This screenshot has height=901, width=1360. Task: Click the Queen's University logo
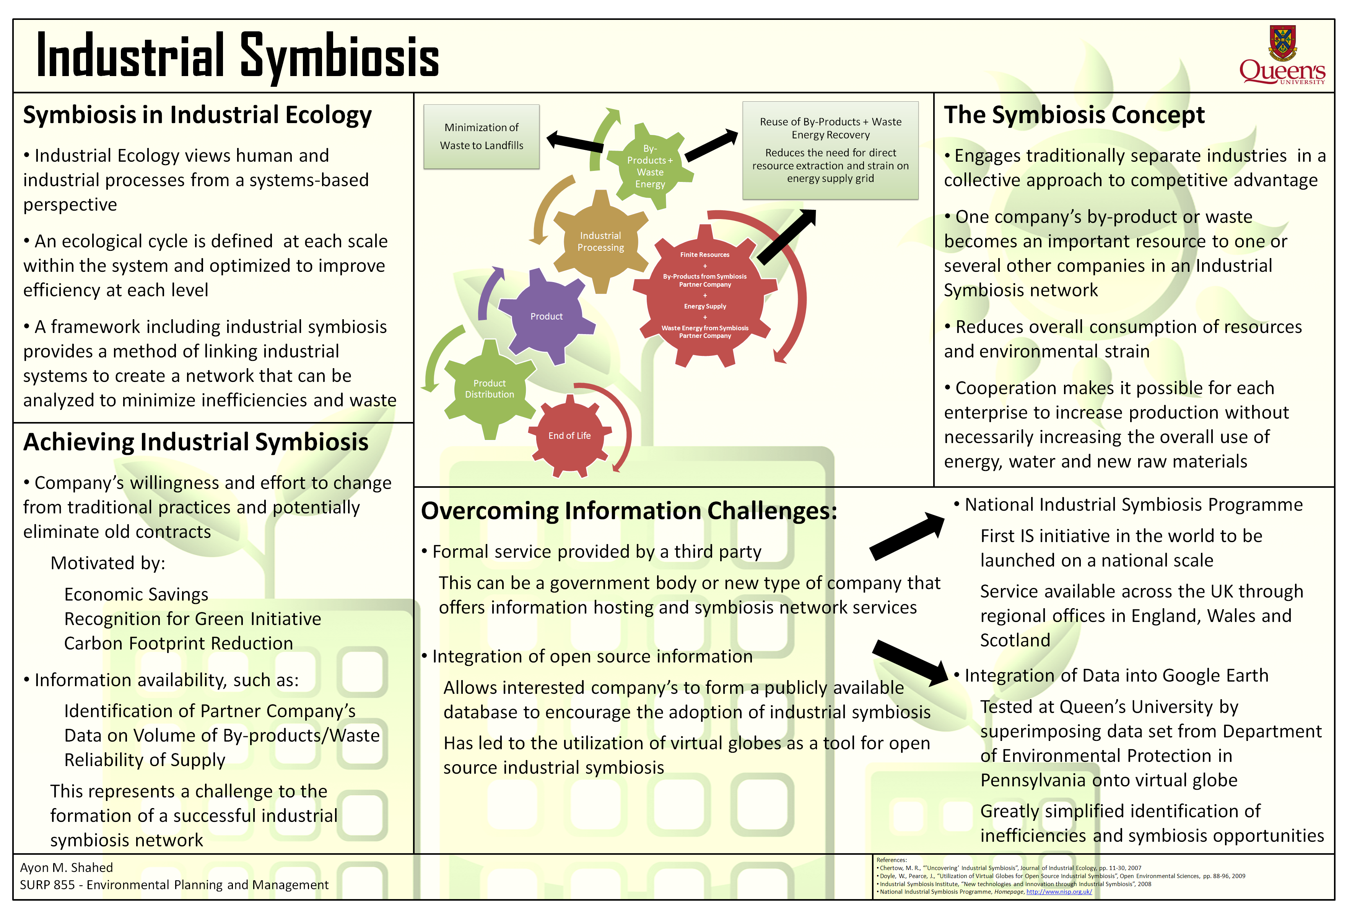point(1282,56)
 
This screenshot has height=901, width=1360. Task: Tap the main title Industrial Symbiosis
point(238,56)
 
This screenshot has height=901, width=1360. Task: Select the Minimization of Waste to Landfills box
point(481,137)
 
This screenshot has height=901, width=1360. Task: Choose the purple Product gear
point(546,317)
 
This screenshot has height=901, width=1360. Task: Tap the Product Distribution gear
point(489,389)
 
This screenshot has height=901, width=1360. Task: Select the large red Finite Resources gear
point(705,296)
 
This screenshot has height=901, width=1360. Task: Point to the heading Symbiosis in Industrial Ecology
point(197,115)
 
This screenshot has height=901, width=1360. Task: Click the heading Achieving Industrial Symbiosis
point(195,442)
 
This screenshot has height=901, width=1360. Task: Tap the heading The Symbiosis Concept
point(1074,115)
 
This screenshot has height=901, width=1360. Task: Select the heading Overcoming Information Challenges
point(628,511)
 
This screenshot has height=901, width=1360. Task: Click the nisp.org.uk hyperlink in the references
point(1059,892)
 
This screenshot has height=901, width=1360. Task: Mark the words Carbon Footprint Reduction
point(178,644)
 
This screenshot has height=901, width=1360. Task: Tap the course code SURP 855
point(47,885)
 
